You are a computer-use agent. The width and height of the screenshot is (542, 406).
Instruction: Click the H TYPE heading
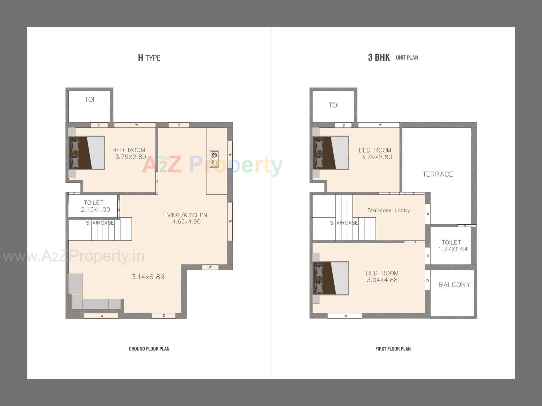(x=149, y=58)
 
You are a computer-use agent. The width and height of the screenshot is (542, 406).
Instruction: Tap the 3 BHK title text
(x=379, y=58)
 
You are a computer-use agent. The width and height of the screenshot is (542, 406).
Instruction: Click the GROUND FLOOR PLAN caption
(x=149, y=349)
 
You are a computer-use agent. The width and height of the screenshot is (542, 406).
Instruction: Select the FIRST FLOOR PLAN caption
(x=393, y=349)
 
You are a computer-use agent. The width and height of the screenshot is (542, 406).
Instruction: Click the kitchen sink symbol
(x=214, y=159)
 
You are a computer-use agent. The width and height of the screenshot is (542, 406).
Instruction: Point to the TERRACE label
(x=438, y=174)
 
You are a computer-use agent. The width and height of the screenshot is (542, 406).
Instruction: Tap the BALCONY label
(x=454, y=285)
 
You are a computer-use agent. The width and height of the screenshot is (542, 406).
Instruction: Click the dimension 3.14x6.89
(x=148, y=277)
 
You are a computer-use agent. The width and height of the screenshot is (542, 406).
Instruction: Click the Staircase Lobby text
(x=388, y=210)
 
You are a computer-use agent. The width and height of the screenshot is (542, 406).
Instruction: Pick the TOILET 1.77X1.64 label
(x=453, y=246)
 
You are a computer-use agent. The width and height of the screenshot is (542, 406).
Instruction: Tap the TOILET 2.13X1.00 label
(x=95, y=206)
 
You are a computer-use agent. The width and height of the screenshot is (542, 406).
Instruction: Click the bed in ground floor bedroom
(x=87, y=153)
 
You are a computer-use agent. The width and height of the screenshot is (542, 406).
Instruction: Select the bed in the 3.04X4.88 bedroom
(x=331, y=278)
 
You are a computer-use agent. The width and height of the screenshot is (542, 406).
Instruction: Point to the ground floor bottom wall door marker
(x=164, y=316)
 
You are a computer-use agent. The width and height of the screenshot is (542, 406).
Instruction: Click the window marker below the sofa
(x=101, y=316)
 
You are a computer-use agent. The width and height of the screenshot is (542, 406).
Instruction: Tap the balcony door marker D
(x=428, y=281)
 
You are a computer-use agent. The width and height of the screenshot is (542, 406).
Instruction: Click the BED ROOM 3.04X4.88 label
(x=382, y=277)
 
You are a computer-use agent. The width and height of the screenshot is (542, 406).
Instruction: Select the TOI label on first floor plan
(x=333, y=105)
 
